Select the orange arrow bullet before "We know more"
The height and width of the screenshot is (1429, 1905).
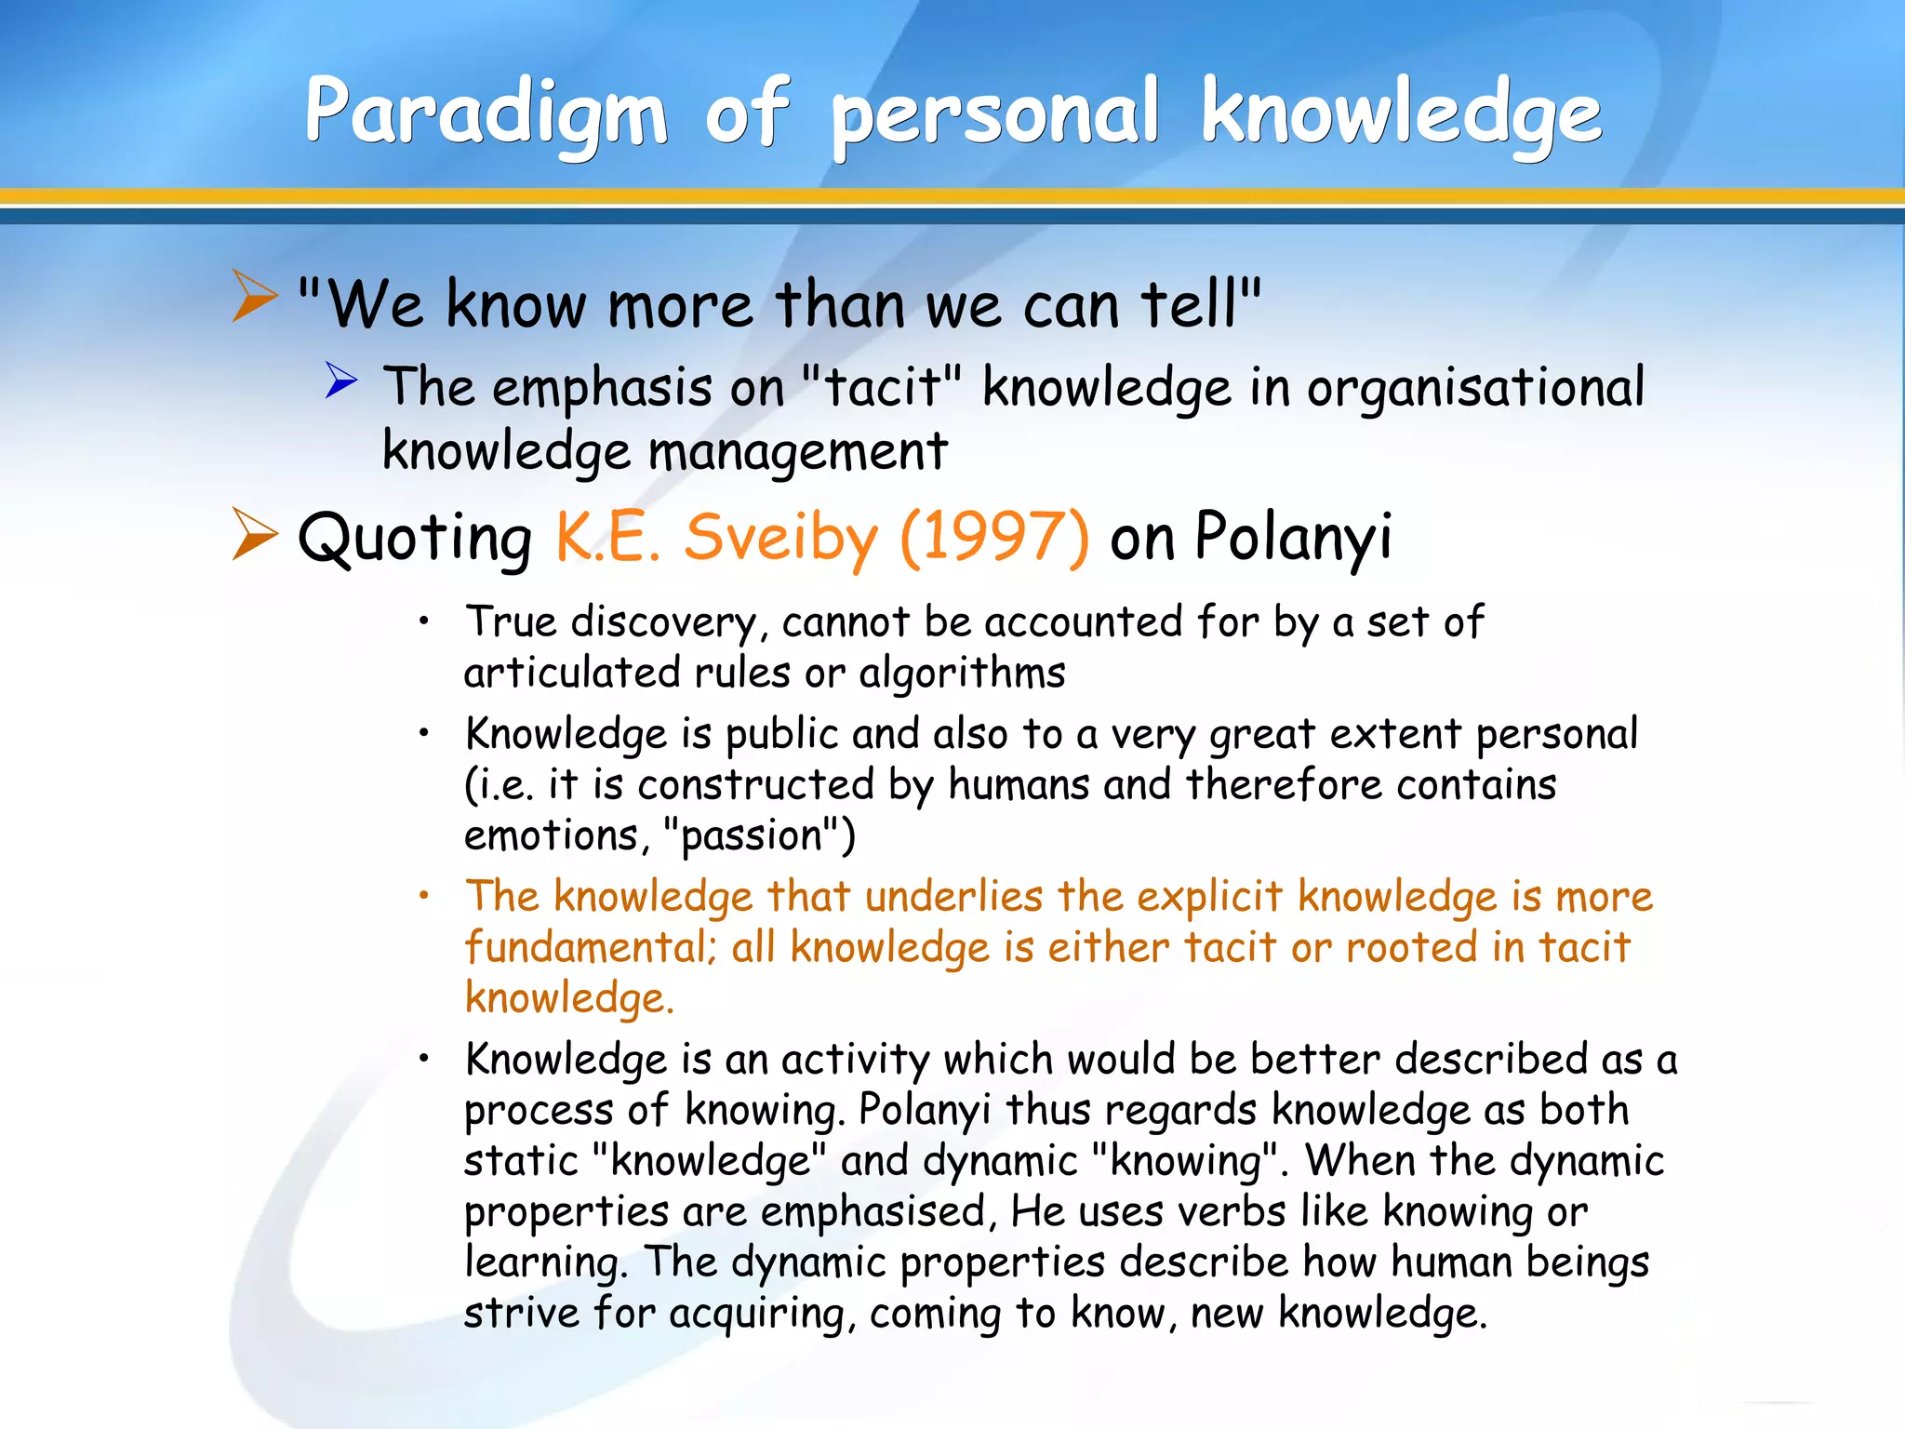254,296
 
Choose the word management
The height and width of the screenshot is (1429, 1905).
797,452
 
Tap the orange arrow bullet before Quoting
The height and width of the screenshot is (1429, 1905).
254,534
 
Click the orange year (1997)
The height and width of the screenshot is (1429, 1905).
994,537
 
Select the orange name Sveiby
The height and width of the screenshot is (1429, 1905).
780,539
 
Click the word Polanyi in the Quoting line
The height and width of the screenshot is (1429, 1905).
1293,537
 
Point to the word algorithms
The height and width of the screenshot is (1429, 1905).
962,673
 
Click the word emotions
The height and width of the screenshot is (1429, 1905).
551,835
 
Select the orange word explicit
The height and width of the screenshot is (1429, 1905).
1209,897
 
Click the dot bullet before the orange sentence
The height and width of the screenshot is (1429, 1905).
423,896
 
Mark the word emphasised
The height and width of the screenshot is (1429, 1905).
873,1211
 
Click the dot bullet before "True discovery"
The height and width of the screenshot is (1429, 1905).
423,621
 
